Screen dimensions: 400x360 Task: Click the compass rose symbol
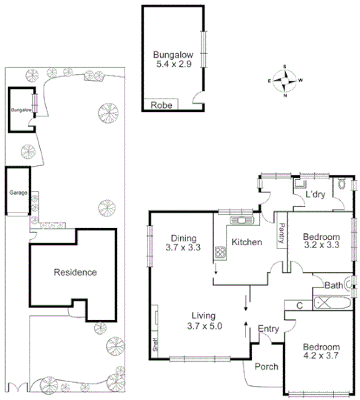[x=285, y=80]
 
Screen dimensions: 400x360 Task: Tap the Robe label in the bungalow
[x=161, y=105]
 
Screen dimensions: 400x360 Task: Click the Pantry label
[x=281, y=234]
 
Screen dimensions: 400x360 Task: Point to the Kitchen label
[x=245, y=242]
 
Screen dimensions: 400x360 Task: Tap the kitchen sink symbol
[x=241, y=219]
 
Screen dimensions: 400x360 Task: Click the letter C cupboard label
[x=299, y=304]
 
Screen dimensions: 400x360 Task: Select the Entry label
[x=267, y=328]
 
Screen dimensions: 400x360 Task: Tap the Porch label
[x=266, y=367]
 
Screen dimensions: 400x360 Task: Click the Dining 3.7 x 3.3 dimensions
[x=183, y=244]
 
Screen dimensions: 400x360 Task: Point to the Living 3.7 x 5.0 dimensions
[x=204, y=320]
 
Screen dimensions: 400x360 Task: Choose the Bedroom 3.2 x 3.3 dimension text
[x=321, y=242]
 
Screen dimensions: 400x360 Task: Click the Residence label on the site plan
[x=75, y=272]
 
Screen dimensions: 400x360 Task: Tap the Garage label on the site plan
[x=17, y=192]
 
